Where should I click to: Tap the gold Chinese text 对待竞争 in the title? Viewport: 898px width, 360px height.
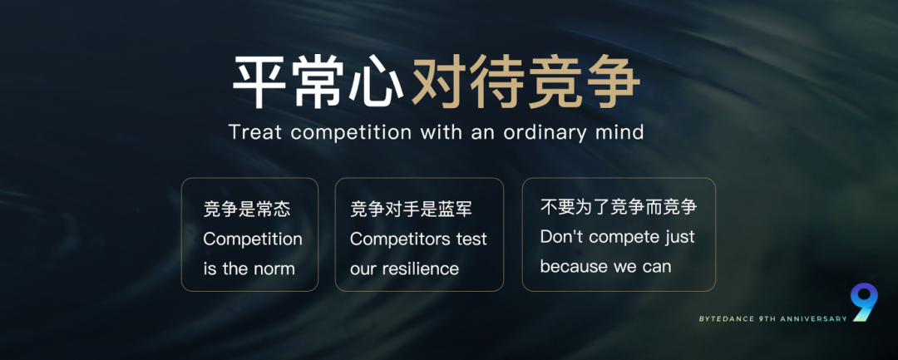click(526, 83)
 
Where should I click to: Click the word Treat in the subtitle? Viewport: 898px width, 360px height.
click(256, 132)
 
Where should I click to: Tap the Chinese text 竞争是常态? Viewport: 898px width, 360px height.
click(247, 210)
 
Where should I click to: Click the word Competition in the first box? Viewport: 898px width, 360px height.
click(253, 239)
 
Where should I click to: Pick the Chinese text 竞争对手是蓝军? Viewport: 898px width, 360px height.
click(412, 210)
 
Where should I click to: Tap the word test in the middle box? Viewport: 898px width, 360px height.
click(471, 239)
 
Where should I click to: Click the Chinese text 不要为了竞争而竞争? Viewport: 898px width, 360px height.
click(619, 207)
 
